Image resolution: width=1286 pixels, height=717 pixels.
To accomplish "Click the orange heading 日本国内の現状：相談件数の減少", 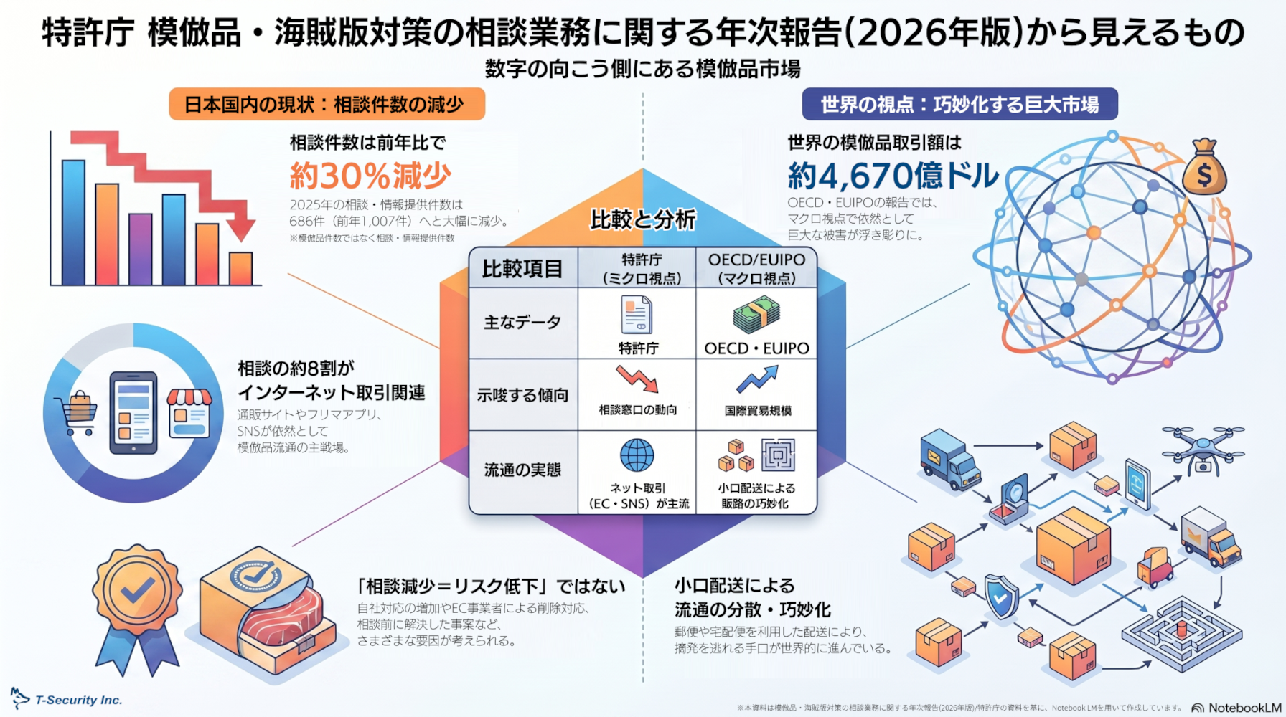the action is click(x=327, y=105).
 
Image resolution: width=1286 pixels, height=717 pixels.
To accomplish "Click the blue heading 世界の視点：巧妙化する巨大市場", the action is click(x=959, y=105).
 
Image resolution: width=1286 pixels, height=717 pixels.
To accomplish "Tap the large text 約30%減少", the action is click(x=370, y=176).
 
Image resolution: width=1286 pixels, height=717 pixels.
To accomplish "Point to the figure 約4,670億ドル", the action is click(x=893, y=176).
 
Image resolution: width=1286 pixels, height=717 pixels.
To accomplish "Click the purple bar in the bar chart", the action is click(x=140, y=249).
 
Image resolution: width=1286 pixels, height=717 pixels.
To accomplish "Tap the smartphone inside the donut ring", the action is click(x=133, y=413).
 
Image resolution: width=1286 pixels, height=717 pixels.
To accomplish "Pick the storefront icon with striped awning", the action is click(x=189, y=413).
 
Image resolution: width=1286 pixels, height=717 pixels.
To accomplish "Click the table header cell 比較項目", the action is click(x=522, y=269).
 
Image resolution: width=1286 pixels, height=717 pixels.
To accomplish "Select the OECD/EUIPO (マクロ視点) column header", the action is click(x=756, y=269).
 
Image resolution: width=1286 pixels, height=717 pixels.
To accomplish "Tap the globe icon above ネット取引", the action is click(x=637, y=455).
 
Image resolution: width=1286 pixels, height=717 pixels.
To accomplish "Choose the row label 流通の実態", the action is click(x=522, y=470).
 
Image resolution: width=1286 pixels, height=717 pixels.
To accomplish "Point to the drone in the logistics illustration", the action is click(x=1203, y=447).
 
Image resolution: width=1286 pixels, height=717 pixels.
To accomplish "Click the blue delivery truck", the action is click(x=949, y=459).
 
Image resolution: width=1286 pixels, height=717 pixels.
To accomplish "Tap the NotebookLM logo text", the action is click(x=1236, y=708).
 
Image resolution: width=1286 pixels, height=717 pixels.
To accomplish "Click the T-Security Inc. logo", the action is click(x=66, y=699).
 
